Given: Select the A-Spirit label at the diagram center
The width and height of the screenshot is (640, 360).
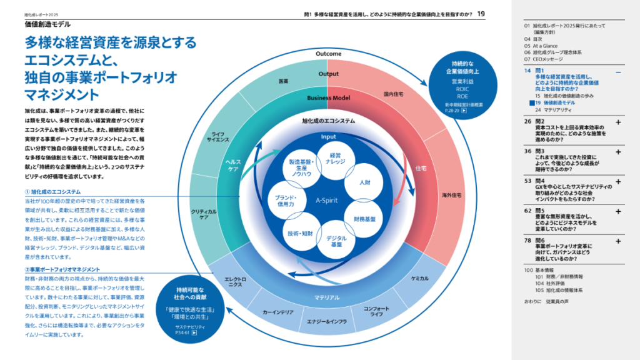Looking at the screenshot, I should tap(327, 201).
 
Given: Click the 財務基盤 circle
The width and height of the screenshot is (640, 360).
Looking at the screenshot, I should tap(364, 219).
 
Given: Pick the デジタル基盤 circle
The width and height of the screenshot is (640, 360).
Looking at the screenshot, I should tap(336, 241).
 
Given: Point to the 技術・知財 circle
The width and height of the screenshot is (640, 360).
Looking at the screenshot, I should tap(300, 234).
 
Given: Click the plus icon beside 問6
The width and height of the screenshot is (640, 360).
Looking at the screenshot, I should tap(617, 241).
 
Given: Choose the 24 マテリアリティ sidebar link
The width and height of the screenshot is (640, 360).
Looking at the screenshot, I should tap(550, 109).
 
